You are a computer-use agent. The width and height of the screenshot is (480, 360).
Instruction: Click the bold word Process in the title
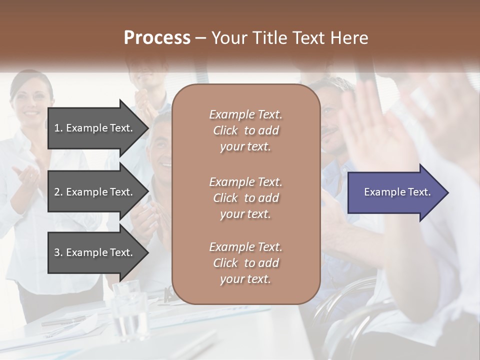click(157, 38)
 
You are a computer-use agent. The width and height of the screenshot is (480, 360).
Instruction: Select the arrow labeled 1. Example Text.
click(95, 128)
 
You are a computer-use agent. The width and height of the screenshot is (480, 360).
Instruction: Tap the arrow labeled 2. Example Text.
click(95, 192)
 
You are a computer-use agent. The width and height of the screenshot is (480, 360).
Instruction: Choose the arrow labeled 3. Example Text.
click(95, 252)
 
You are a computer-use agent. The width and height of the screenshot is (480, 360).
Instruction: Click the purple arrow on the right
click(395, 192)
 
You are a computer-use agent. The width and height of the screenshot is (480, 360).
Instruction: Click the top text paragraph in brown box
click(245, 130)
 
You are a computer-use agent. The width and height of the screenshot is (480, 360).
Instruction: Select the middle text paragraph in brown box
click(245, 198)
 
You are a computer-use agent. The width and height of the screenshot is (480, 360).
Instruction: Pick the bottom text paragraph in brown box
click(245, 263)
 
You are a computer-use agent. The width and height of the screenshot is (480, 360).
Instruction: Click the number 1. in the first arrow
click(58, 128)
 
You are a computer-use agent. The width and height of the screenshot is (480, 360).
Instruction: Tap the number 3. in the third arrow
click(58, 253)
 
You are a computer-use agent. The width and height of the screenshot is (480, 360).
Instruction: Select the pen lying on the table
click(62, 320)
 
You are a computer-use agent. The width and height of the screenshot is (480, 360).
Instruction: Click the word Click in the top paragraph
click(225, 131)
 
